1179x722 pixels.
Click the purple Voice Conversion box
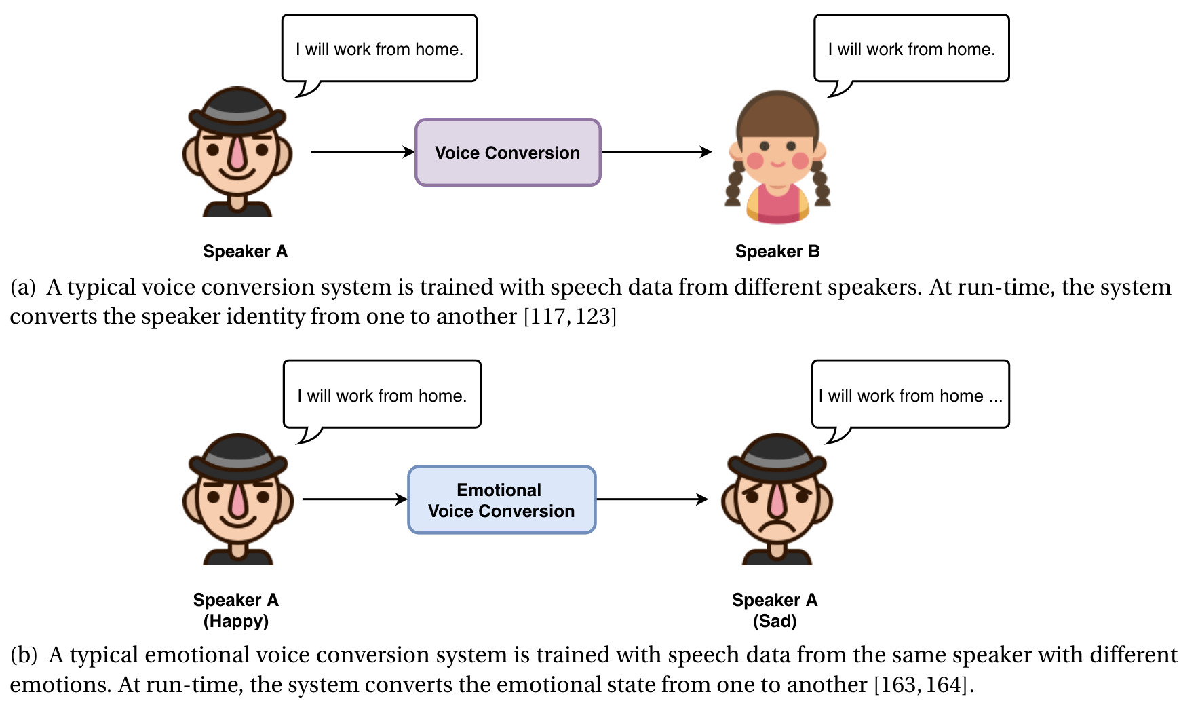tap(507, 153)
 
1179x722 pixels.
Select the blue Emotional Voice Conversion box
tap(501, 500)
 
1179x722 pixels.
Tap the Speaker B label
tap(777, 252)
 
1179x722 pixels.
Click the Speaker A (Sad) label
tap(774, 610)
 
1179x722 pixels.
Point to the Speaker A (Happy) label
tap(235, 610)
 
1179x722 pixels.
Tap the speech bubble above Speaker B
tap(911, 49)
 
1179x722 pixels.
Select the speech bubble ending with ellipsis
tap(910, 395)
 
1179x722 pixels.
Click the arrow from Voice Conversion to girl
tap(656, 152)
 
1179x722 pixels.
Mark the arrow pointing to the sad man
tap(652, 499)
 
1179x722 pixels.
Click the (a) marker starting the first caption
tap(23, 288)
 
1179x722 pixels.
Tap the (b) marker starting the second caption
tap(24, 655)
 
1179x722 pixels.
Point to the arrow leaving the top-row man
tap(362, 152)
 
